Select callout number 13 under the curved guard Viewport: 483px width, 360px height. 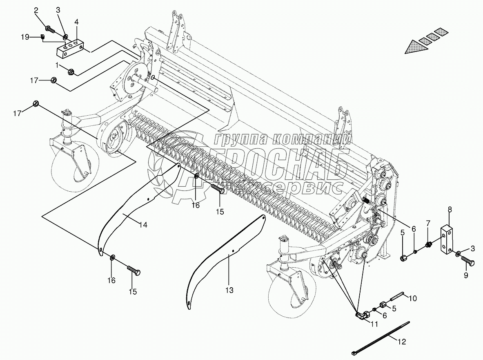pyautogui.click(x=229, y=291)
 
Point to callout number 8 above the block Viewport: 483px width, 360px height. pyautogui.click(x=450, y=210)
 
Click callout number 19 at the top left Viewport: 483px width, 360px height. pyautogui.click(x=25, y=37)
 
